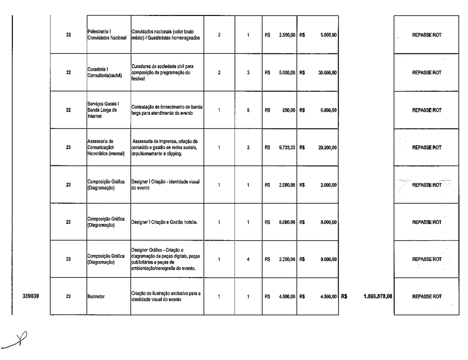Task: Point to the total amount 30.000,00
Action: pyautogui.click(x=327, y=72)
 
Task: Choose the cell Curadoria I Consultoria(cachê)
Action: pyautogui.click(x=103, y=72)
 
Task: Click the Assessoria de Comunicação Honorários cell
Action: pyautogui.click(x=107, y=148)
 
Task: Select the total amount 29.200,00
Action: pyautogui.click(x=327, y=148)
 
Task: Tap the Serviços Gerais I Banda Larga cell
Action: pyautogui.click(x=104, y=110)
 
